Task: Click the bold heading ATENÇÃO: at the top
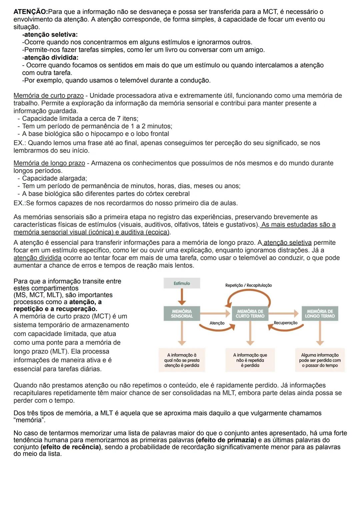[31, 12]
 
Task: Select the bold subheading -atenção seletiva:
[50, 35]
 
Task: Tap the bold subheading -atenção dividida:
[50, 58]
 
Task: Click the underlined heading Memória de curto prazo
[48, 96]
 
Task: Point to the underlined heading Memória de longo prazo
[49, 163]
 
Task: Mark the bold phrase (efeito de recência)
[71, 447]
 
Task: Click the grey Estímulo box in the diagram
[182, 283]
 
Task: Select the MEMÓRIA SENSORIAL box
[182, 313]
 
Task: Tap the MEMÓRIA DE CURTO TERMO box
[250, 313]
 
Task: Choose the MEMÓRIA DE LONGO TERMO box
[320, 313]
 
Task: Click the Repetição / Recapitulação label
[248, 285]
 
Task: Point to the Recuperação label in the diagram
[285, 323]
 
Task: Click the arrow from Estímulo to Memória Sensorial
[182, 296]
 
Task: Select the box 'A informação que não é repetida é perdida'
[250, 360]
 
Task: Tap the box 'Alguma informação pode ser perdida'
[320, 360]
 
